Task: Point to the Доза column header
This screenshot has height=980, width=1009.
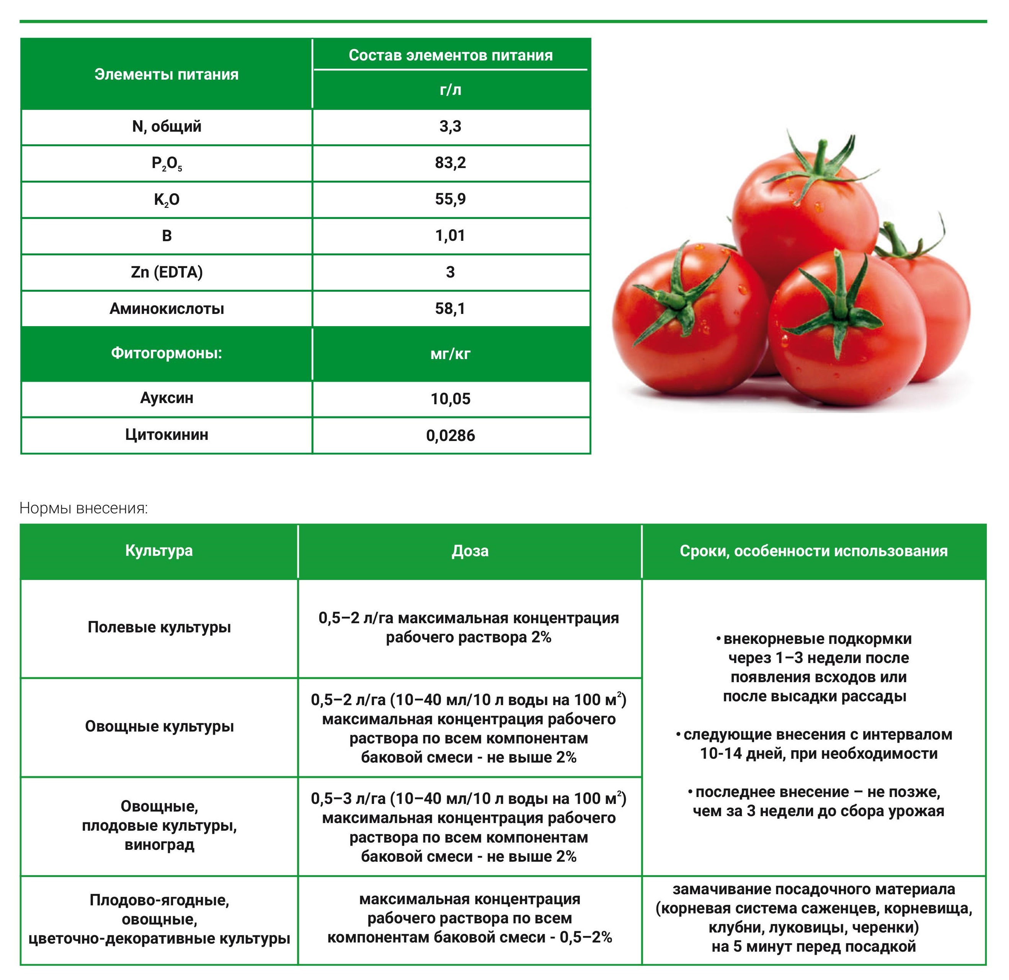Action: (x=470, y=551)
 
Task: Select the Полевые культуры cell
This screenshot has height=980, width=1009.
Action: (x=159, y=627)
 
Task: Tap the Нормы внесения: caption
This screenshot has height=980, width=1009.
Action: (x=83, y=508)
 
